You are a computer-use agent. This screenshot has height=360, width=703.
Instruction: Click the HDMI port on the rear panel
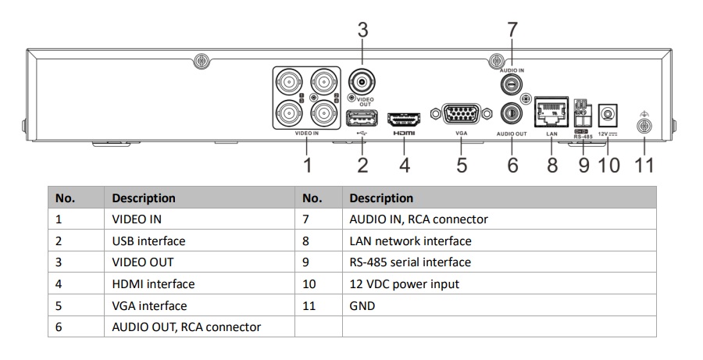405,119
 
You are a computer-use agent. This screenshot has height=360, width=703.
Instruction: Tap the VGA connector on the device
461,115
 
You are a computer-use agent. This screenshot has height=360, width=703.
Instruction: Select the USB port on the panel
362,118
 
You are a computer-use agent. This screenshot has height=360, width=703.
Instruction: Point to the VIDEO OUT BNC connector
362,81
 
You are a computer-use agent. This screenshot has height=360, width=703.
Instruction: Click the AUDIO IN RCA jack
511,84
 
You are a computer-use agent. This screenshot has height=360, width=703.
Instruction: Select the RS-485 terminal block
580,116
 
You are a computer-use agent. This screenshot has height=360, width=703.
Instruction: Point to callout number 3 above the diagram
362,30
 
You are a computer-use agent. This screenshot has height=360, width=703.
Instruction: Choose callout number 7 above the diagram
512,30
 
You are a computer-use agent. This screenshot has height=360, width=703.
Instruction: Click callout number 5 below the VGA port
461,165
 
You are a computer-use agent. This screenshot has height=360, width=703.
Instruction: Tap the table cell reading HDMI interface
153,284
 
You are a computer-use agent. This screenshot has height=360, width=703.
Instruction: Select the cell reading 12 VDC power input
404,284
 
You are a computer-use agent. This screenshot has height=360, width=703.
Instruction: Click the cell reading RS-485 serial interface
410,262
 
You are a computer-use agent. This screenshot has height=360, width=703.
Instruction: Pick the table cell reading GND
362,305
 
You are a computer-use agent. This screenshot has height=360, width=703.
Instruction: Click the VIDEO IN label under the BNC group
306,134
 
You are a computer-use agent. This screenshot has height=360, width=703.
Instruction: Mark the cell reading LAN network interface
410,241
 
